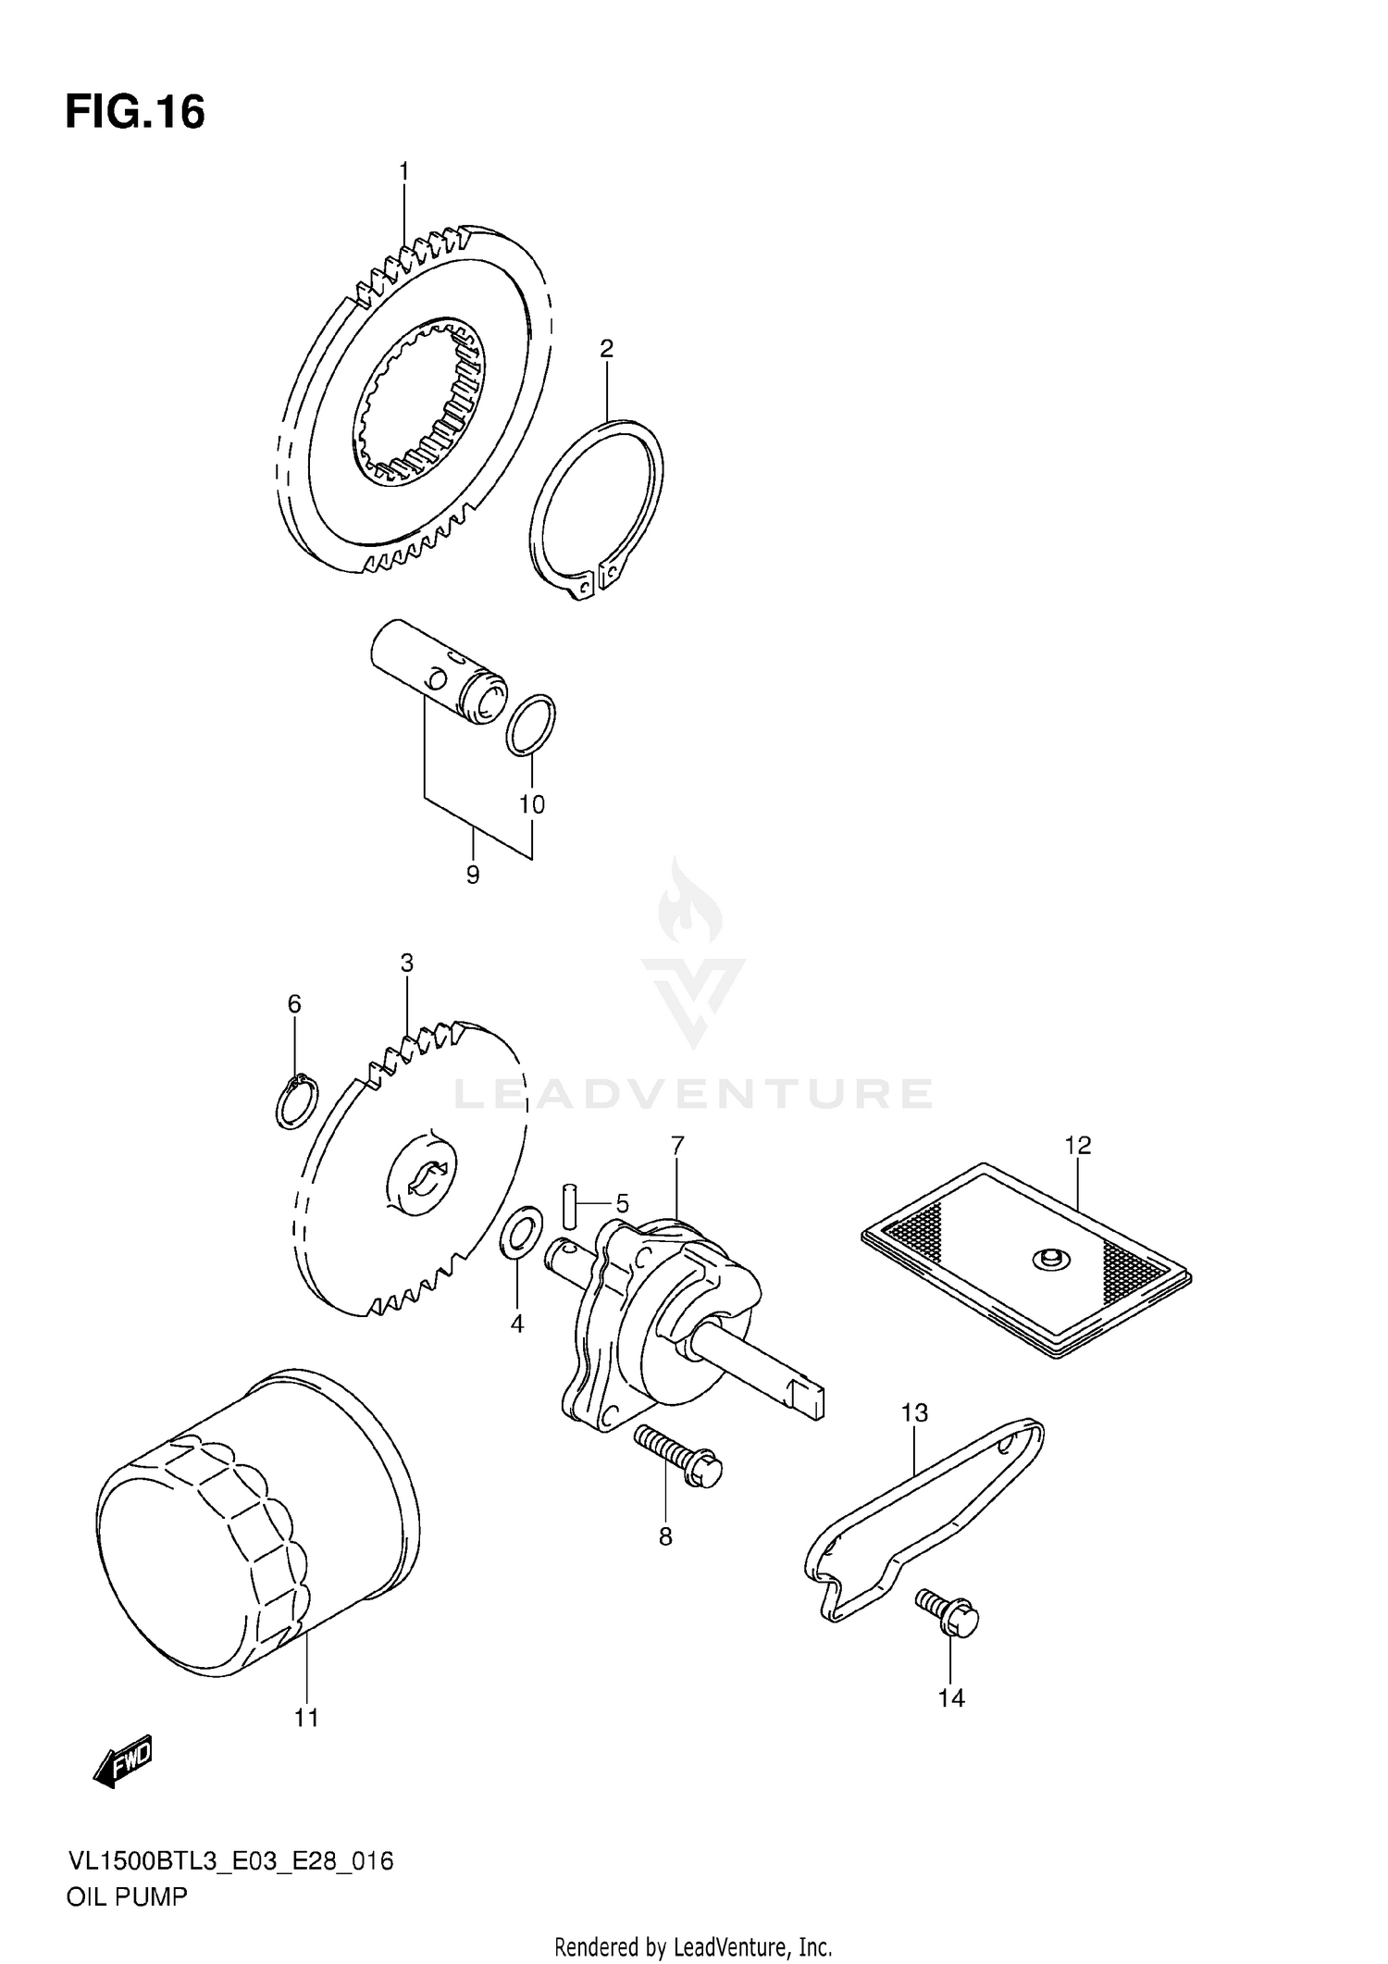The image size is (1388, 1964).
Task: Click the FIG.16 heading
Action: tap(135, 113)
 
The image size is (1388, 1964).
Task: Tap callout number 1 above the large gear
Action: tap(404, 171)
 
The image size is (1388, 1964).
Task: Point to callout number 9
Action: tap(473, 875)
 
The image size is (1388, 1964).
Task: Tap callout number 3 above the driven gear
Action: tap(406, 963)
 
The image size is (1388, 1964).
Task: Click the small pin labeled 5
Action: tap(570, 1204)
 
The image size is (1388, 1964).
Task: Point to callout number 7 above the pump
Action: tap(677, 1146)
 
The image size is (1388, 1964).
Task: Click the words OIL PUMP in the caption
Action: tap(127, 1896)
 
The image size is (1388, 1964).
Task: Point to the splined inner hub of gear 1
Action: tap(421, 403)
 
